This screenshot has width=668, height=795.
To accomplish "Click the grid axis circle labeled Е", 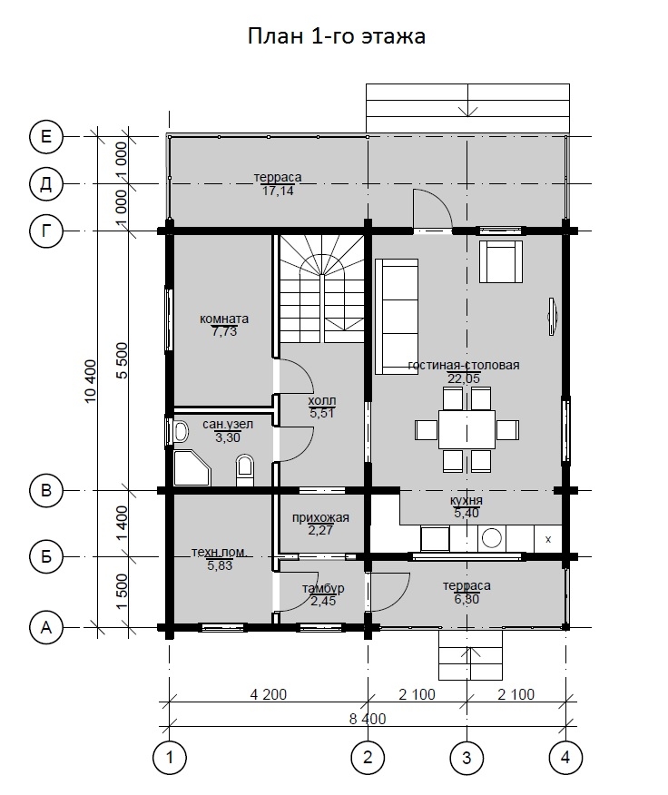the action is pyautogui.click(x=45, y=136).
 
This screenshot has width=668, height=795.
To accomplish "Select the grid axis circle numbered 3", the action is pyautogui.click(x=467, y=758).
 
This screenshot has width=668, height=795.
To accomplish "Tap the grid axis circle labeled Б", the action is pyautogui.click(x=45, y=556).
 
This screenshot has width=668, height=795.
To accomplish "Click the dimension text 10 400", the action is pyautogui.click(x=90, y=381).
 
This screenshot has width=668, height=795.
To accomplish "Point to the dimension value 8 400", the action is pyautogui.click(x=368, y=719).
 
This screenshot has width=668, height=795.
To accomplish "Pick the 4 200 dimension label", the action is pyautogui.click(x=269, y=694).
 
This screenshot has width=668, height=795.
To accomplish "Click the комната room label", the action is pyautogui.click(x=224, y=319).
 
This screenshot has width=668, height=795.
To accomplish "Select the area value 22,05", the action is pyautogui.click(x=464, y=378).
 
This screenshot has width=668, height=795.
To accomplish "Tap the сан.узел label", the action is pyautogui.click(x=228, y=424).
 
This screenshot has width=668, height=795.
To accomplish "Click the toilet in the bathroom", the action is pyautogui.click(x=244, y=470).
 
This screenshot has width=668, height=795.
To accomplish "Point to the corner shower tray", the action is pyautogui.click(x=191, y=467).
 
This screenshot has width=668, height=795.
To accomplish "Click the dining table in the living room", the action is pyautogui.click(x=467, y=429).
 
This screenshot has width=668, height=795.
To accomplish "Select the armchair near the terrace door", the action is pyautogui.click(x=501, y=261).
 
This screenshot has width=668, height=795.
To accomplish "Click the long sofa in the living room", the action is pyautogui.click(x=397, y=317).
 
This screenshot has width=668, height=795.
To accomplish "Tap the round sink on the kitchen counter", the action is pyautogui.click(x=492, y=538).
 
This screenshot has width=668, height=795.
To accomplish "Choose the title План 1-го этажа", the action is pyautogui.click(x=337, y=36).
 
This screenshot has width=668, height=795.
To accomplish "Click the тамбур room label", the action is pyautogui.click(x=323, y=588).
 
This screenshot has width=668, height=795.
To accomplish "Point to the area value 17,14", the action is pyautogui.click(x=278, y=191).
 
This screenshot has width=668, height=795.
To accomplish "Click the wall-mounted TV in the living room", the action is pyautogui.click(x=552, y=317).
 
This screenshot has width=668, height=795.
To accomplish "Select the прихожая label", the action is pyautogui.click(x=320, y=517).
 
